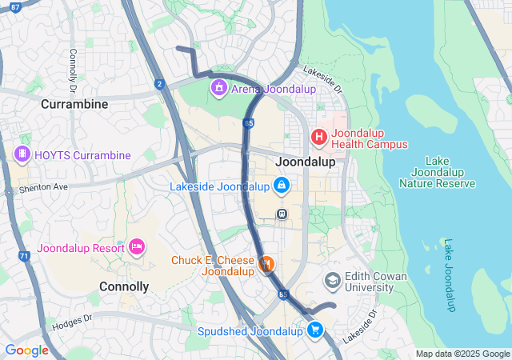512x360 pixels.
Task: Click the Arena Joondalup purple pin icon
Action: pyautogui.click(x=218, y=86)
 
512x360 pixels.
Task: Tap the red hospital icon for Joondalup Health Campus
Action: pyautogui.click(x=319, y=138)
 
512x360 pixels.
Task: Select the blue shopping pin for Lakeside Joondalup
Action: pyautogui.click(x=281, y=186)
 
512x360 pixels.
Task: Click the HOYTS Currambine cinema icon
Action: pyautogui.click(x=22, y=154)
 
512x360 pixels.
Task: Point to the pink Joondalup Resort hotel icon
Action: pyautogui.click(x=137, y=247)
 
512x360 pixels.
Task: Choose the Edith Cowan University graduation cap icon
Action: pyautogui.click(x=333, y=281)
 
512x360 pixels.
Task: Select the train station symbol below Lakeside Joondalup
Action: pyautogui.click(x=282, y=214)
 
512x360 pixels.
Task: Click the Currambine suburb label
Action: pyautogui.click(x=74, y=105)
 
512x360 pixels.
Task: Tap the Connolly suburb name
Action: pyautogui.click(x=123, y=286)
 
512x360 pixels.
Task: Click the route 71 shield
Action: pyautogui.click(x=24, y=256)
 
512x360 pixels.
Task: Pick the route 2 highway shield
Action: pyautogui.click(x=160, y=84)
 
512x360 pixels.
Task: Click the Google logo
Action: pyautogui.click(x=26, y=350)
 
